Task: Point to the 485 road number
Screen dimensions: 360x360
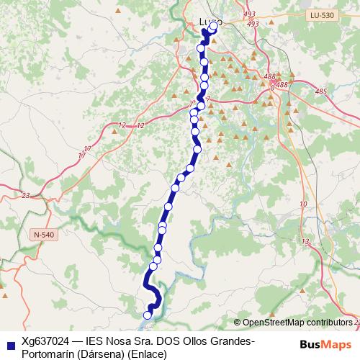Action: [321, 91]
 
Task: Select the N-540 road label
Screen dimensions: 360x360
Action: [44, 234]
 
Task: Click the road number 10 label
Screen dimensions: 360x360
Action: [303, 204]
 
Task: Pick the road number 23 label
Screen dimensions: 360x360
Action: [26, 195]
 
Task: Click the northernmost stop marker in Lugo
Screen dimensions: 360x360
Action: [213, 27]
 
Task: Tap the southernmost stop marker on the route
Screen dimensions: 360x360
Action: [148, 315]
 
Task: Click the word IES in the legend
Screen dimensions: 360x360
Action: [94, 341]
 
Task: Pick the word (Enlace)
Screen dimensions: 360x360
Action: [147, 354]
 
